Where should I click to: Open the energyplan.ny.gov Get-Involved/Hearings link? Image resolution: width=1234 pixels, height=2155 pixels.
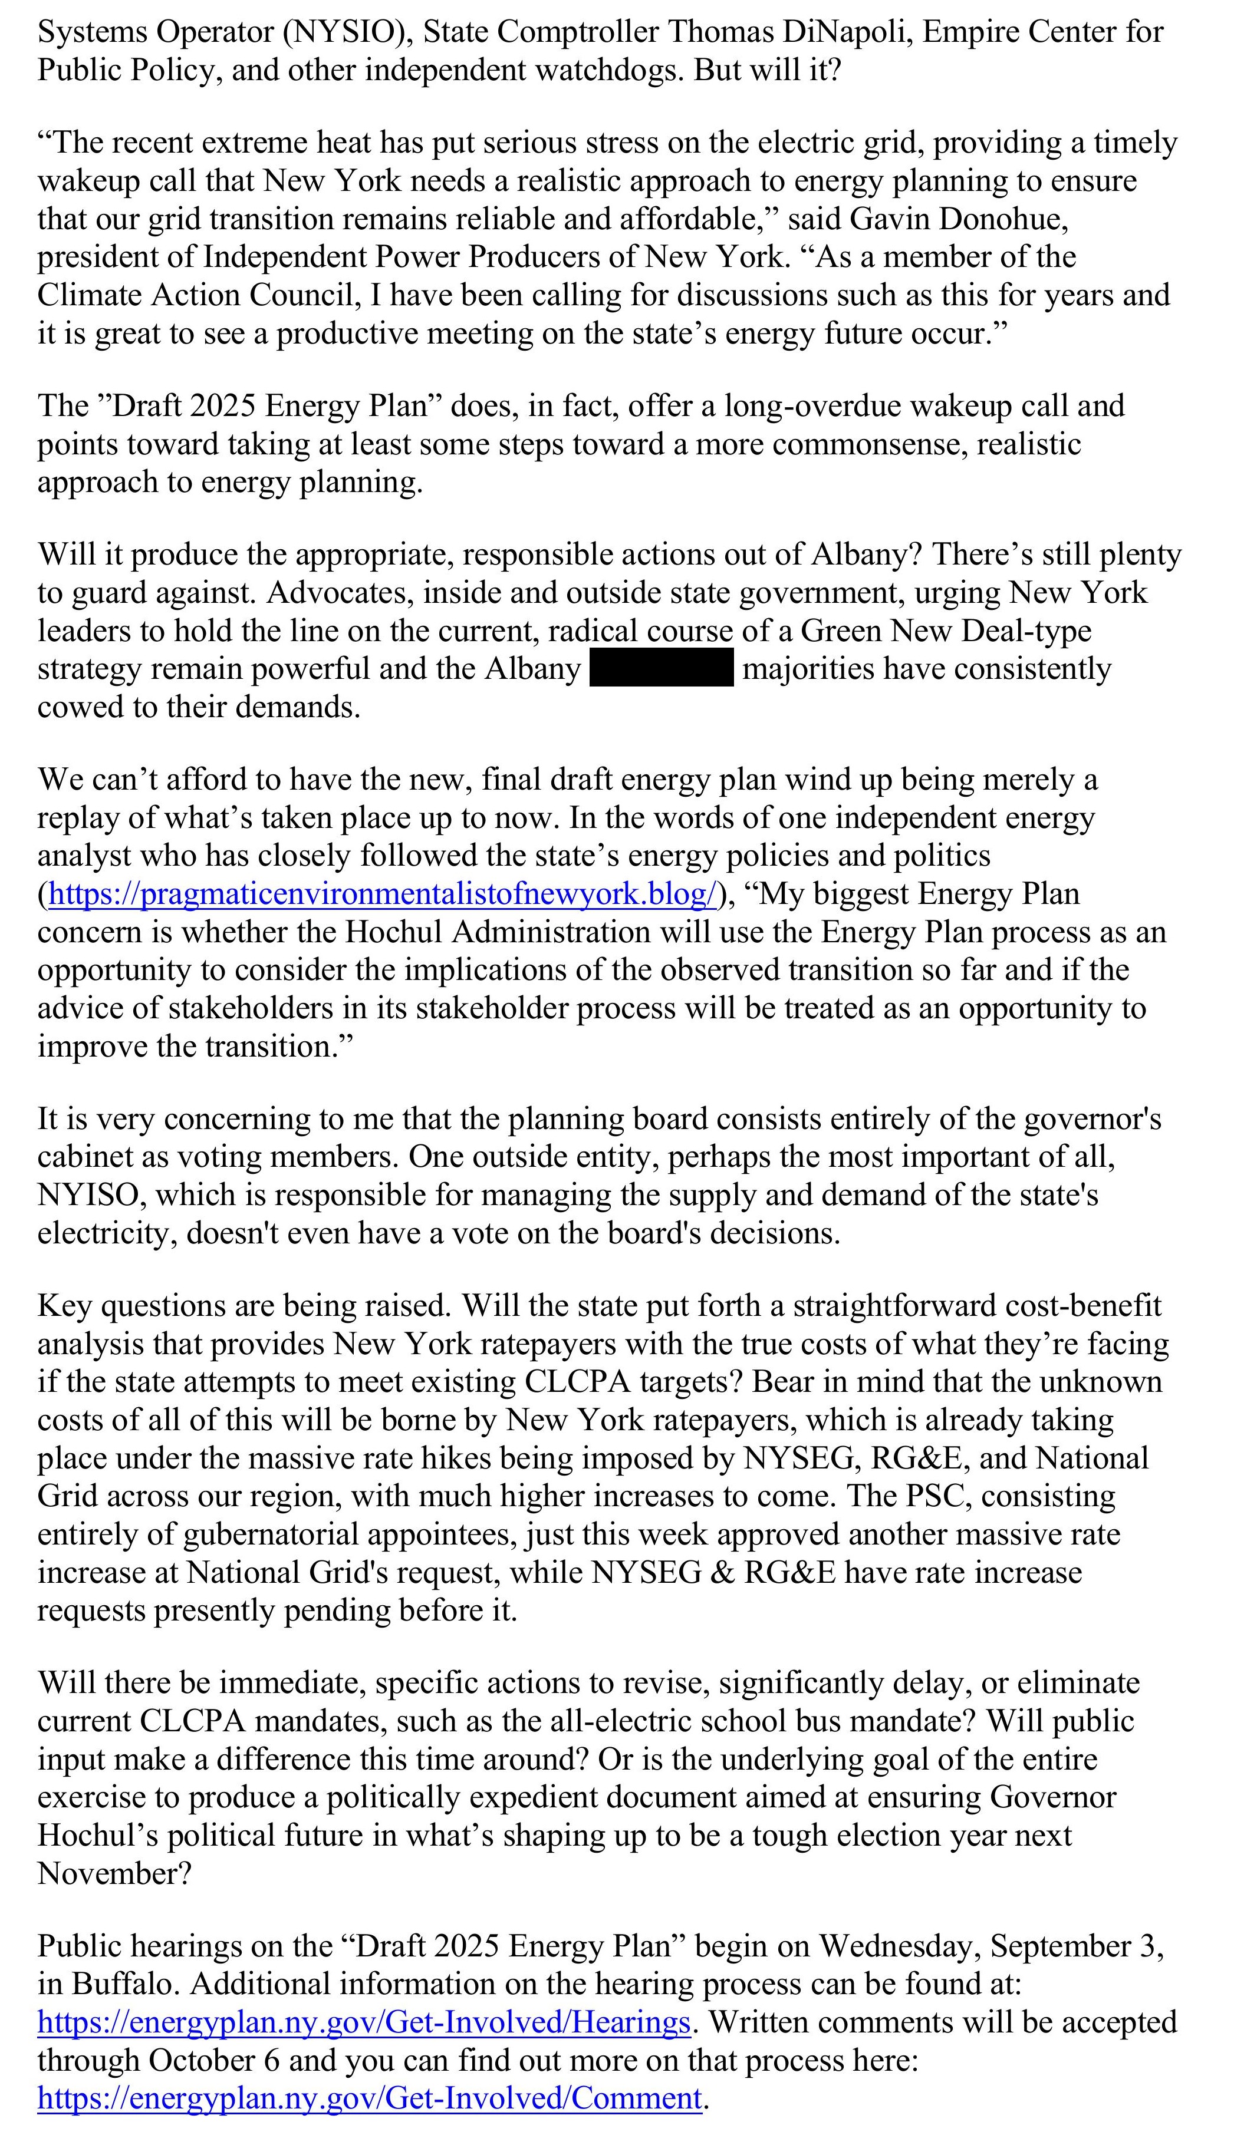pyautogui.click(x=364, y=2023)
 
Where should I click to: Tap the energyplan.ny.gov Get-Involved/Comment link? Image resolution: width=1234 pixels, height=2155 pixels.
pyautogui.click(x=370, y=2099)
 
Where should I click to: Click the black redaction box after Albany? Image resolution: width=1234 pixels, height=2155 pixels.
pyautogui.click(x=661, y=668)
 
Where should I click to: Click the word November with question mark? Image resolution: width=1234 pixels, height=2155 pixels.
pyautogui.click(x=114, y=1874)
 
